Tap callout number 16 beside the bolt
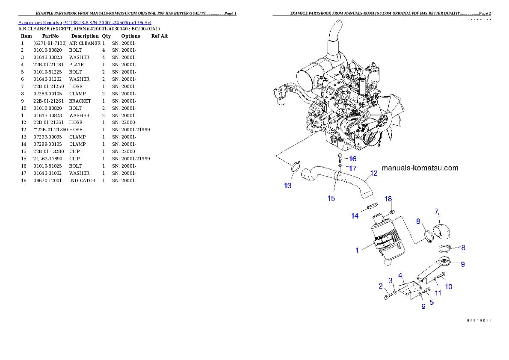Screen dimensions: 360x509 (352, 158)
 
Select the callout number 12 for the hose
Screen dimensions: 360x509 (374, 173)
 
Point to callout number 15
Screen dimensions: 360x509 (331, 198)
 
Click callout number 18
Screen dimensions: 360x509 (388, 199)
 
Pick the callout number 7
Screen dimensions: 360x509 (437, 211)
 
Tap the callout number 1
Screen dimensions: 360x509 (357, 250)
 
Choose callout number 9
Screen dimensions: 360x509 (462, 264)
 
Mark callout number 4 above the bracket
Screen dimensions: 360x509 (401, 275)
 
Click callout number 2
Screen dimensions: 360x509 (380, 286)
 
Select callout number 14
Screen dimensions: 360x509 (355, 216)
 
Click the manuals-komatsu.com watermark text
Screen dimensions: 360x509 (420, 168)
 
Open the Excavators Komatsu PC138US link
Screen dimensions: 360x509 (85, 22)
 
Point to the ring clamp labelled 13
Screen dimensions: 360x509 (295, 167)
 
